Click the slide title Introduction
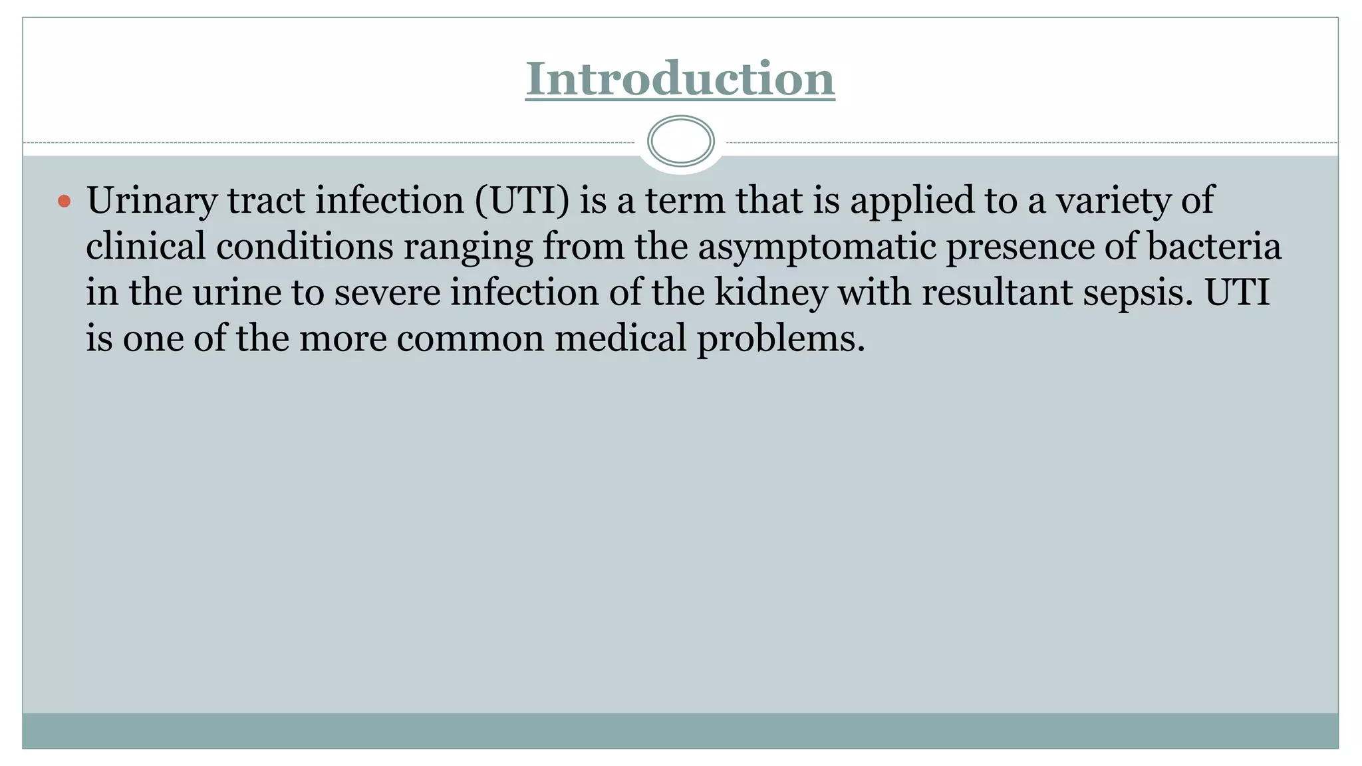point(680,79)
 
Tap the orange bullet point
point(64,201)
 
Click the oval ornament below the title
point(680,141)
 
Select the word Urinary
point(152,201)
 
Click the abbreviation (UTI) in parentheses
point(522,201)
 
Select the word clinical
point(146,247)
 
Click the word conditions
point(305,247)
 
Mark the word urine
point(237,293)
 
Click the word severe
point(387,293)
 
